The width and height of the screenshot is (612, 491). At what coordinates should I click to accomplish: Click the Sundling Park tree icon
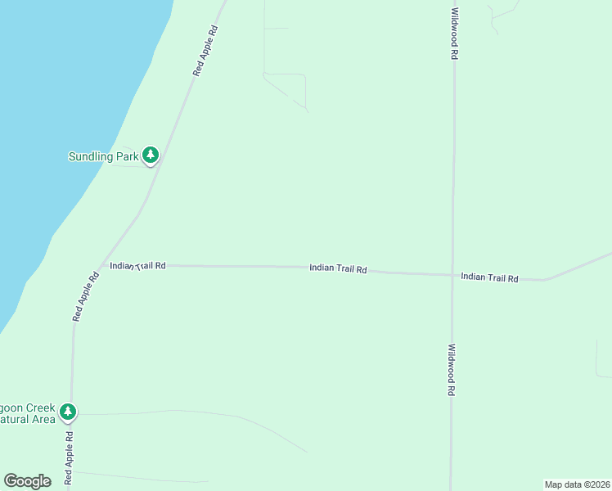[x=150, y=155]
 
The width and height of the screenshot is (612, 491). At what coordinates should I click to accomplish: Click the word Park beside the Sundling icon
[x=128, y=155]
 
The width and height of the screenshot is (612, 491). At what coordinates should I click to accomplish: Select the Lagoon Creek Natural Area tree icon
[x=69, y=412]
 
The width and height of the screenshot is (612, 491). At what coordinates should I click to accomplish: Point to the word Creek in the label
[x=41, y=408]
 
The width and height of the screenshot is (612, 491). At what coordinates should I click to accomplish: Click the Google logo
[x=27, y=481]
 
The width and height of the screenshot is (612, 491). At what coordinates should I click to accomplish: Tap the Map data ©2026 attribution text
[x=576, y=484]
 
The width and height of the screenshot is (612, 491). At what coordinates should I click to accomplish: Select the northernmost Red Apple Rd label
[x=205, y=51]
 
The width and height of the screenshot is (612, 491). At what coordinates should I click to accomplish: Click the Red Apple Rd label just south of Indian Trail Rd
[x=86, y=296]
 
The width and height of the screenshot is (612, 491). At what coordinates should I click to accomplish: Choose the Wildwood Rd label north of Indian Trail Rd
[x=453, y=34]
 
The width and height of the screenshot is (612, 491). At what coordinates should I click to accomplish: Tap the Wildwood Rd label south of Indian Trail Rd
[x=451, y=370]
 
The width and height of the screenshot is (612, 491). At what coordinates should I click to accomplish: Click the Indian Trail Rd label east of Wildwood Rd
[x=489, y=278]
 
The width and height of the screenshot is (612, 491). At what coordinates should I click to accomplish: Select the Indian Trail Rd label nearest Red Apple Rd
[x=138, y=265]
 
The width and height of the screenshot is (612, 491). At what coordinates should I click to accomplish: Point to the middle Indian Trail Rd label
[x=337, y=268]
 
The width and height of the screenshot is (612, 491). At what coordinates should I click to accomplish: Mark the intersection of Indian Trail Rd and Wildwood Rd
[x=452, y=275]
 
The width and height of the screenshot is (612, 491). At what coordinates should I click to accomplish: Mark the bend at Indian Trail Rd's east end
[x=544, y=280]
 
